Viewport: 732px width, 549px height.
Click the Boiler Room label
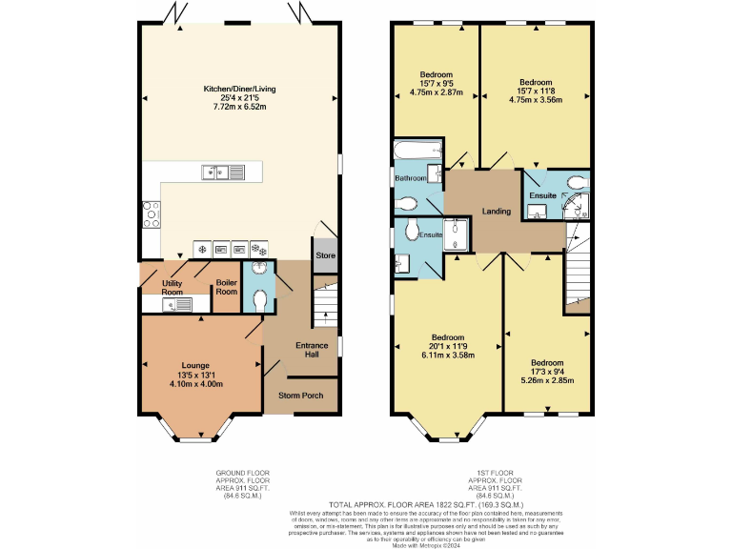pos(226,287)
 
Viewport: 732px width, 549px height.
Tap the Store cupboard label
pos(325,255)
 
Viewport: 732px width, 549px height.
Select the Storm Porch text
pos(300,395)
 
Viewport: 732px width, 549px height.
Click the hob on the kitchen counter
pos(151,215)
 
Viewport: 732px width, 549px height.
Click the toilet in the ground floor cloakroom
pos(258,299)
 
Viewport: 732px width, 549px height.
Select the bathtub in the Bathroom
pos(417,151)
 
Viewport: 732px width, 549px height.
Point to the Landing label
pos(496,212)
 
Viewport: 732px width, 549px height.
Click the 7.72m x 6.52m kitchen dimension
pos(238,107)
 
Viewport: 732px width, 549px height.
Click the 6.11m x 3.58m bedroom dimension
pos(447,354)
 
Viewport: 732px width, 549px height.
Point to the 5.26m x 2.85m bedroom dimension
pos(547,380)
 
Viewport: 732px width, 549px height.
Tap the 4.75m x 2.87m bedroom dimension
pos(436,92)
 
